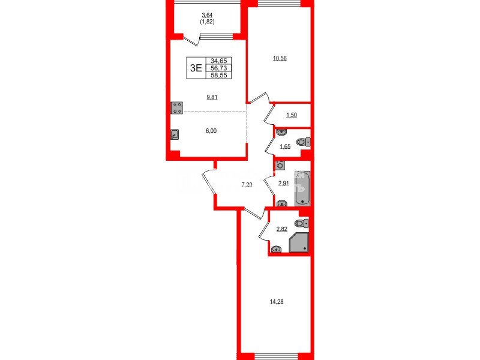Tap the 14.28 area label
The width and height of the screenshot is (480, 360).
coord(277,301)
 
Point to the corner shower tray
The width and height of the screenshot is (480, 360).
coord(299,243)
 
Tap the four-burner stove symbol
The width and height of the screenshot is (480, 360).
coord(178,108)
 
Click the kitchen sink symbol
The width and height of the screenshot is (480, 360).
coord(174,135)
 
